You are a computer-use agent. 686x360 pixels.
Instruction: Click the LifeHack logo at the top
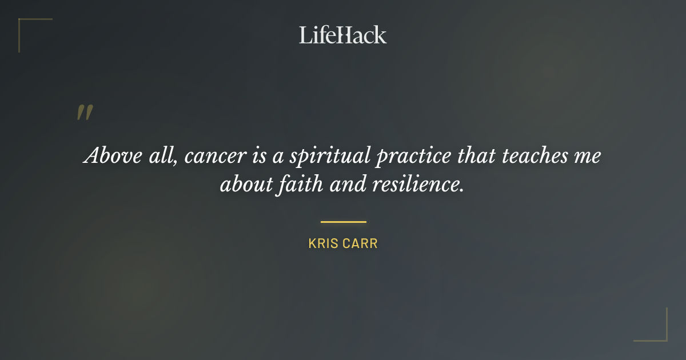[343, 35]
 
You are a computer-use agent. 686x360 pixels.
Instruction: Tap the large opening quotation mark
[85, 113]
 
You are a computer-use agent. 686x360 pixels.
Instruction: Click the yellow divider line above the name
[343, 222]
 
